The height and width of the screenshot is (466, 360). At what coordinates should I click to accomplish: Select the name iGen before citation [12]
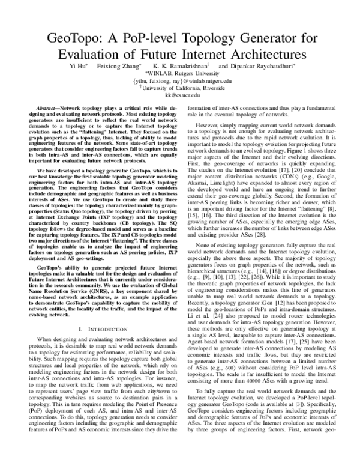tap(276, 316)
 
